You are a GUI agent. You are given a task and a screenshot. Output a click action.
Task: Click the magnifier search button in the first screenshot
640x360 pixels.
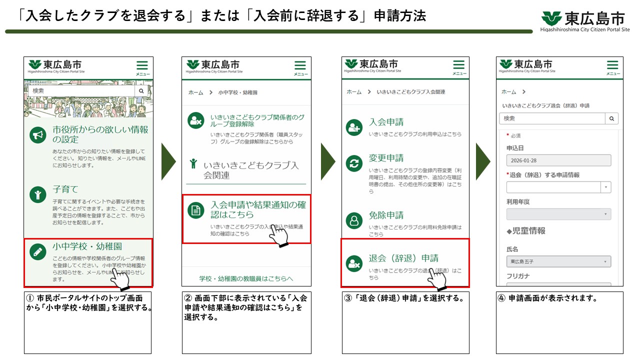(141, 91)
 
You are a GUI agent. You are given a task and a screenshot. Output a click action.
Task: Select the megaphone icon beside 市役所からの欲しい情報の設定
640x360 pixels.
(37, 135)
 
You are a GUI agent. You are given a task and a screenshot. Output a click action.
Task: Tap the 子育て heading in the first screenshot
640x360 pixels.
(65, 189)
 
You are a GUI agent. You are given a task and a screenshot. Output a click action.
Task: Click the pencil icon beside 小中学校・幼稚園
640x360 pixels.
(37, 251)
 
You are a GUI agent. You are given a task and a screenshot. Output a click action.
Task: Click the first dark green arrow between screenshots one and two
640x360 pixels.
(168, 161)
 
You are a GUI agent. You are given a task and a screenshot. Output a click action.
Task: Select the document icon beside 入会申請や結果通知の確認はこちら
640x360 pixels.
(196, 210)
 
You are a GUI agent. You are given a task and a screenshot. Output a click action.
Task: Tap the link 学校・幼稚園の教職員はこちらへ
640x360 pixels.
(246, 278)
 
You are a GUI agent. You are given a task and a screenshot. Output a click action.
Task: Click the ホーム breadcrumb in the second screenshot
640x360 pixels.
(195, 92)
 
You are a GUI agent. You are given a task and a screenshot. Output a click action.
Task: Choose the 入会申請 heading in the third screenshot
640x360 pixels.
(386, 122)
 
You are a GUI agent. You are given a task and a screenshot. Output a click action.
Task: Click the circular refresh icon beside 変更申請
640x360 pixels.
(354, 163)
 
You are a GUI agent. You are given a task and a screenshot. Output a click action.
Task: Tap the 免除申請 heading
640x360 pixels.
(386, 215)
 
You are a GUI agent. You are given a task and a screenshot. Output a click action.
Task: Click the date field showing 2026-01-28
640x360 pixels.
(558, 160)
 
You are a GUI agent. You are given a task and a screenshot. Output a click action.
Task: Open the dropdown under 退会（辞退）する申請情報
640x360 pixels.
(558, 187)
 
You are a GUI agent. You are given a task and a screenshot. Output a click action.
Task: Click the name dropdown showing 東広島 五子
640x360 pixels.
(558, 261)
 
